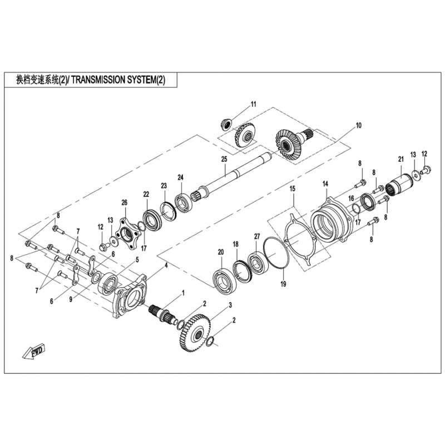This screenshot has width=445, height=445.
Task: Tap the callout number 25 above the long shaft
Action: point(224,159)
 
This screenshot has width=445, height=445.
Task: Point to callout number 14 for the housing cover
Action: point(325,184)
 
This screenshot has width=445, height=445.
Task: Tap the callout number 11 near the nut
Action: point(253,104)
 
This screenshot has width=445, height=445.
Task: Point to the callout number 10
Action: point(358,125)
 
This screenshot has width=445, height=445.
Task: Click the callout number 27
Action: point(257,236)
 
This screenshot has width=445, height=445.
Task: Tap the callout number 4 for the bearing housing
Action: point(166,266)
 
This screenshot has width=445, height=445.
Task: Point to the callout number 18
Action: point(235,244)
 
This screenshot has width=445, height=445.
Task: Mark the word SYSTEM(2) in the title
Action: point(150,80)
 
